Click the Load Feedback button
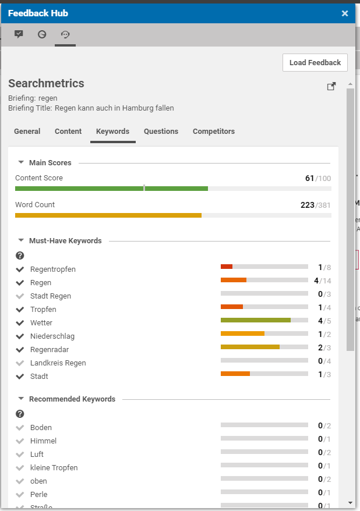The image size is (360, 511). click(315, 63)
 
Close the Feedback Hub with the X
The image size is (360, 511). click(345, 13)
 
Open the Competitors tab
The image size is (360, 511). click(214, 132)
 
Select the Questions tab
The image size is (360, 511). click(161, 132)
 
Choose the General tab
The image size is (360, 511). click(27, 132)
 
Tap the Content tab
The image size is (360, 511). click(68, 132)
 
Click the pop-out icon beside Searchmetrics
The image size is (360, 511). click(331, 87)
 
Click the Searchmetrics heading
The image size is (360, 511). click(46, 83)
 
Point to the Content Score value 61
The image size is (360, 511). click(309, 178)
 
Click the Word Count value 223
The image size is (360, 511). click(306, 205)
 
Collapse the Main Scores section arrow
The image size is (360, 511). click(21, 163)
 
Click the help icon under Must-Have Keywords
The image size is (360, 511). click(20, 255)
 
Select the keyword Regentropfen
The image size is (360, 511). click(53, 269)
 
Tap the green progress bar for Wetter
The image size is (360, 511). click(255, 320)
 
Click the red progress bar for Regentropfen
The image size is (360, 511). click(227, 267)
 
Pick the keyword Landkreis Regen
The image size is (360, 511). click(58, 363)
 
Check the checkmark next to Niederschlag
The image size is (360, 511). click(20, 336)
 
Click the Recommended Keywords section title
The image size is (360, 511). click(72, 399)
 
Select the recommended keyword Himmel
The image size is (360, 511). click(43, 441)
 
